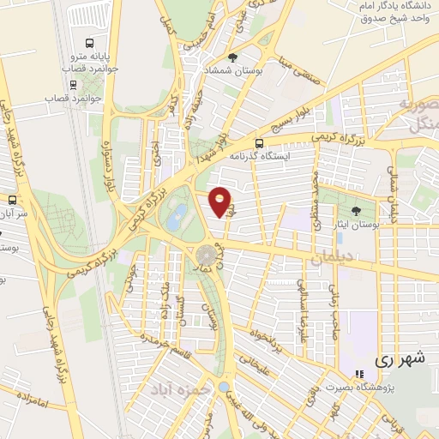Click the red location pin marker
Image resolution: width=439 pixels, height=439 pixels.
(x=220, y=201)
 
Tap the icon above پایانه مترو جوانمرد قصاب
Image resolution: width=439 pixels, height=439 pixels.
(x=90, y=44)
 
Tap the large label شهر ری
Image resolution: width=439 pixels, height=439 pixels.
(x=400, y=360)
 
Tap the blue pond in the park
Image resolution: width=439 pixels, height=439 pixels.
(x=177, y=216)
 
